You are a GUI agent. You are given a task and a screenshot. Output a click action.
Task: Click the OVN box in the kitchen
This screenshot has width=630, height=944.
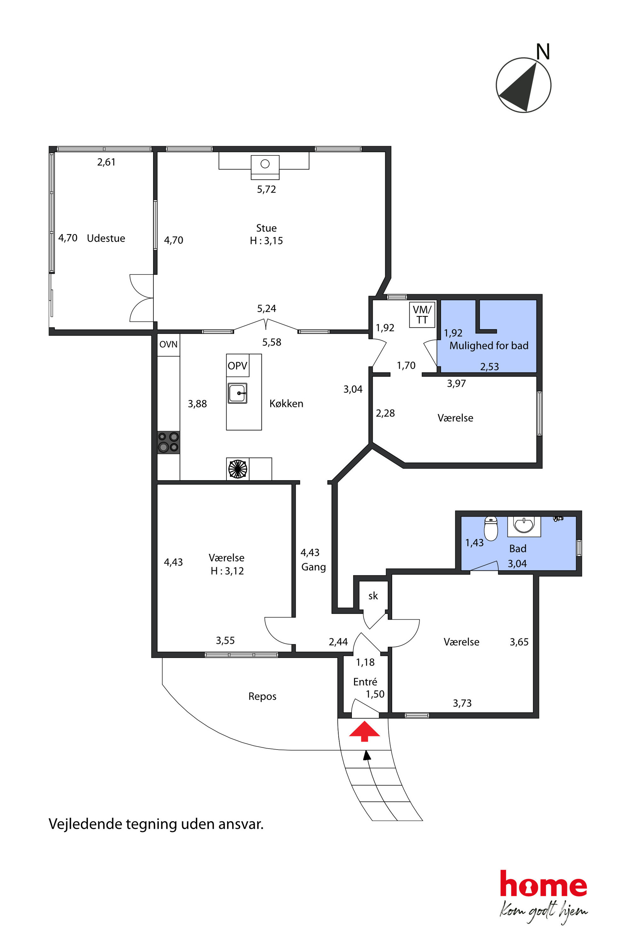point(168,344)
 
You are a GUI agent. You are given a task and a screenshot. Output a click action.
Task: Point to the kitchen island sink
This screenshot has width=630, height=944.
point(238,393)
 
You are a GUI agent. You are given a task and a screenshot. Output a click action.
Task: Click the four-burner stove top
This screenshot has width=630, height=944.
point(168,442)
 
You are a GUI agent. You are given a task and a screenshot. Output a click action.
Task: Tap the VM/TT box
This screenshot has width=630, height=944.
point(422,315)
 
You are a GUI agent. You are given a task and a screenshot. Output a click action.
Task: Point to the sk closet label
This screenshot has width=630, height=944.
point(373,596)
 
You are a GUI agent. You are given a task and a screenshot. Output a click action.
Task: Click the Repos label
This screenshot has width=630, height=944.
point(262,696)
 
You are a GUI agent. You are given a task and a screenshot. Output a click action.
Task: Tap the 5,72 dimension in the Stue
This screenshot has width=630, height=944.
point(266,189)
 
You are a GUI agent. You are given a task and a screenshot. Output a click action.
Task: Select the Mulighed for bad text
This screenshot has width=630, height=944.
point(489,345)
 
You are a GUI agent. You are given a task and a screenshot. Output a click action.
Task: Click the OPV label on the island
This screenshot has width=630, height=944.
point(238,366)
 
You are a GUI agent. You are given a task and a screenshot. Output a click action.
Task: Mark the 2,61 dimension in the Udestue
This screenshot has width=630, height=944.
point(106,162)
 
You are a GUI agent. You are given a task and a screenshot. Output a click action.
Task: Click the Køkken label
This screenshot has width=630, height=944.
point(286,403)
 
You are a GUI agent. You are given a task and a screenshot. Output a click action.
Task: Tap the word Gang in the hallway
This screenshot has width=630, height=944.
point(313,567)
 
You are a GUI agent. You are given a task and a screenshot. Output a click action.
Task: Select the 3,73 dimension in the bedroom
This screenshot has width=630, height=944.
point(462,703)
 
